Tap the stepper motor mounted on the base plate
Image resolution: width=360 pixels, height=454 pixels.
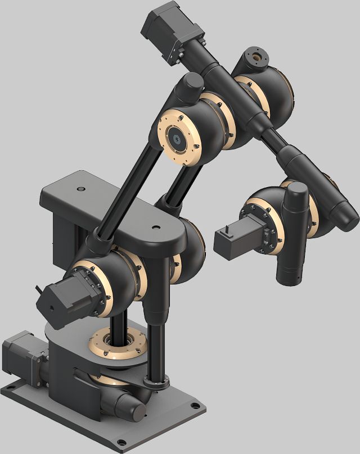tap(22, 356)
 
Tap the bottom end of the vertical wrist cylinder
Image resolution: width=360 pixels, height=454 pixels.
tap(290, 278)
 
